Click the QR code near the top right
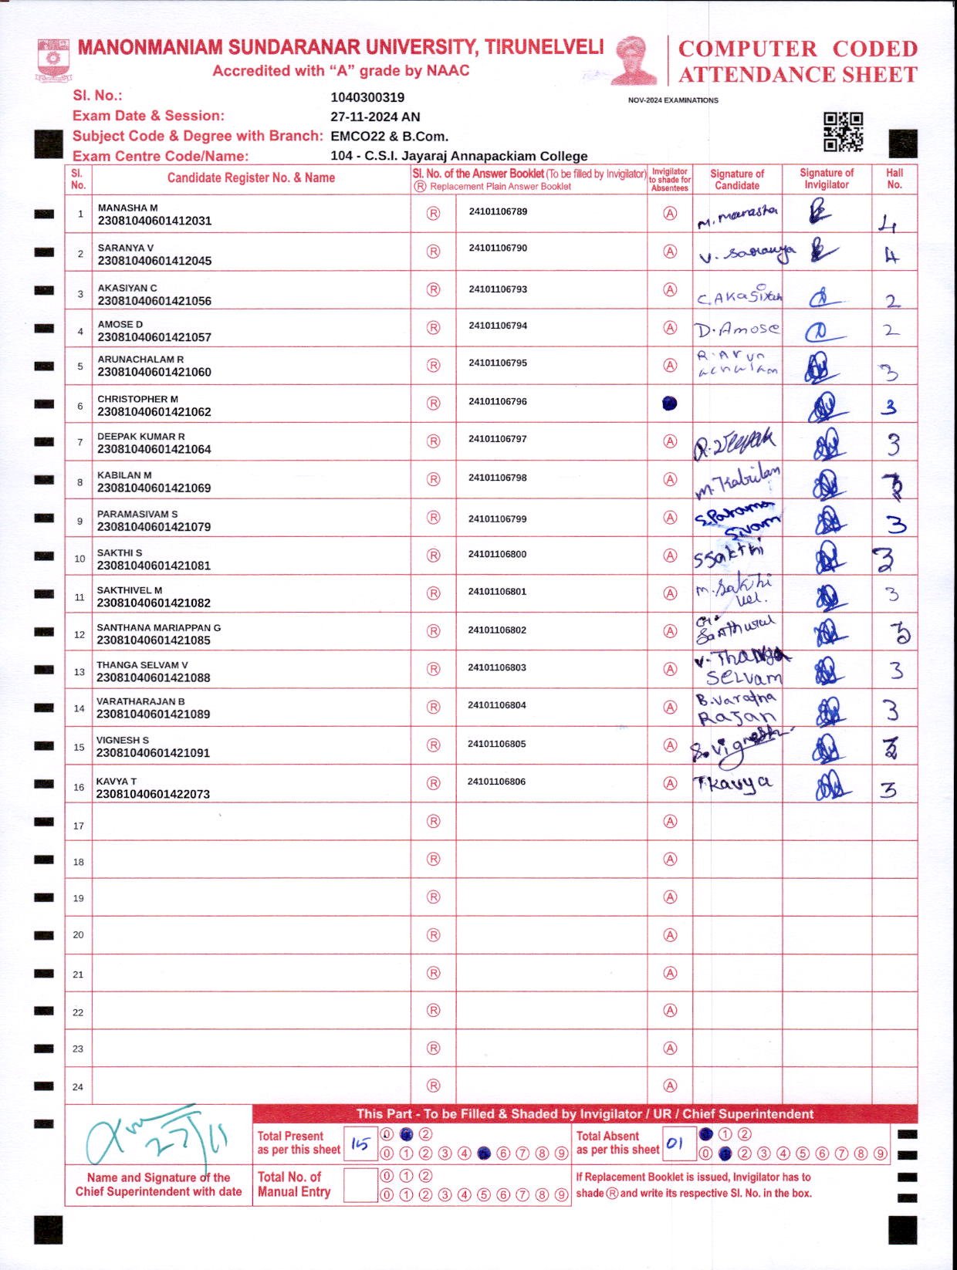click(843, 131)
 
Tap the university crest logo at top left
click(52, 61)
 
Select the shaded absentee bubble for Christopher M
click(670, 403)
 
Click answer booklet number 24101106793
click(498, 289)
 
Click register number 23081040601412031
click(154, 221)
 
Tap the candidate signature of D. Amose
click(737, 330)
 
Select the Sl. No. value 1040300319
click(367, 97)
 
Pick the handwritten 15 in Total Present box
click(360, 1144)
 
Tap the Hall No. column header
click(894, 179)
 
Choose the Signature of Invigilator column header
click(827, 179)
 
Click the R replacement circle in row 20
click(434, 935)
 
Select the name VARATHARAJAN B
click(140, 701)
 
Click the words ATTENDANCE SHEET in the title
click(798, 75)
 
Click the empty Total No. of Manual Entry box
click(360, 1185)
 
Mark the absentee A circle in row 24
click(670, 1086)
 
